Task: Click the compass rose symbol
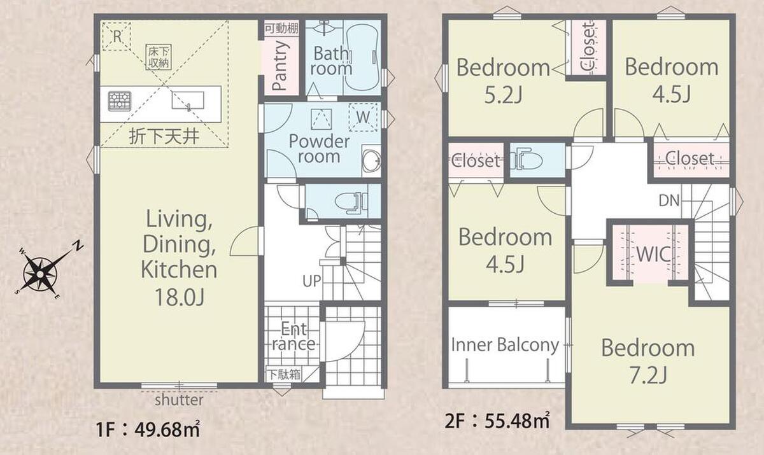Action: coord(41,274)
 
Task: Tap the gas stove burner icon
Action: coord(120,101)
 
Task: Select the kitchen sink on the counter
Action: coord(188,101)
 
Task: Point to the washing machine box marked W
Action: coord(364,117)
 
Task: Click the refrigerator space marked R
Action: coord(117,36)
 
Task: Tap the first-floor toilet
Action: coord(351,202)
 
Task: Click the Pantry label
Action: coord(279,66)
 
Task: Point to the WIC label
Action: coord(653,253)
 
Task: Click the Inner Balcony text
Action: coord(505,344)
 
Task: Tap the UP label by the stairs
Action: coord(312,281)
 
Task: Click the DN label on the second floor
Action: coord(669,200)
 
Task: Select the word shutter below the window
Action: coord(179,400)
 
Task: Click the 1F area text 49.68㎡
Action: coord(167,430)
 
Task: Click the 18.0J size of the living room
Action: coord(180,297)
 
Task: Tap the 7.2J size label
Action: coord(648,375)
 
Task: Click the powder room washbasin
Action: coord(372,160)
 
